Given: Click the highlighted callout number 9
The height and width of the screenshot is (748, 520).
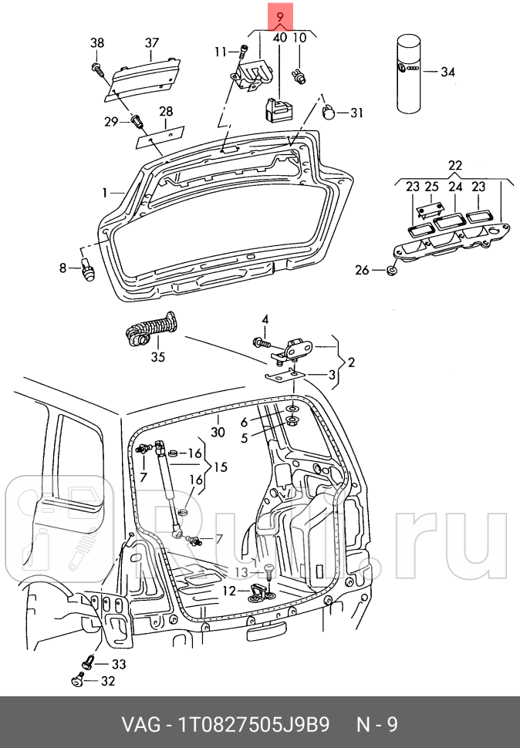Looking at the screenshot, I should coord(279,16).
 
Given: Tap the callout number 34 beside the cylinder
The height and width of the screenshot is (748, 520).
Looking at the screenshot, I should coord(448,72).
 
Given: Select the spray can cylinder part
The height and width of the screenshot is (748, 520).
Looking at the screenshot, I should coord(408,74).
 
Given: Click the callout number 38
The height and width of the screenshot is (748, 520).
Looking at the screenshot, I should coord(97,43).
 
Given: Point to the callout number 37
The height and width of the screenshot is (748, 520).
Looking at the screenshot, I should coord(151,42).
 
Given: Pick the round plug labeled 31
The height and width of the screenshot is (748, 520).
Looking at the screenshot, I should coord(329,113).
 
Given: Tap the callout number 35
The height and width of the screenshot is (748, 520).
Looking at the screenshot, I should coord(158,356).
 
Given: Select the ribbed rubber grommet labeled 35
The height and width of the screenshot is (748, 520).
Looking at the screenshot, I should coord(152,329).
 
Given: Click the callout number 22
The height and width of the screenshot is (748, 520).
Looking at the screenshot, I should coord(454,166).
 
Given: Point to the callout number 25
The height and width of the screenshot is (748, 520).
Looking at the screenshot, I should coord(431,186).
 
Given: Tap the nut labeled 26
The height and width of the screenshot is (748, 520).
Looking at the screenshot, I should coord(391,270).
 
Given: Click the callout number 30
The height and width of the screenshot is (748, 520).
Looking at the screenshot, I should coord(218,432).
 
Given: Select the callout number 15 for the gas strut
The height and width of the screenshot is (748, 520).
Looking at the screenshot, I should coord(221,467).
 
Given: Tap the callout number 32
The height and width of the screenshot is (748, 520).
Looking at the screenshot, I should coord(106,680).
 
